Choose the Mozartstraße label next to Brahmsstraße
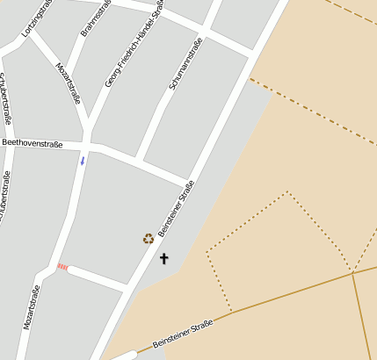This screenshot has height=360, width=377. [x=68, y=83]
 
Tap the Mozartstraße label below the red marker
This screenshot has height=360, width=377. [x=32, y=306]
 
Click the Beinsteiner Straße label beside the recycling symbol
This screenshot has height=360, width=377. [x=175, y=210]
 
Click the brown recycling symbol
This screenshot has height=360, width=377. [x=148, y=238]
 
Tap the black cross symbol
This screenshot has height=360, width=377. [x=163, y=258]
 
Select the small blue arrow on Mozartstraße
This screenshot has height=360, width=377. [x=83, y=161]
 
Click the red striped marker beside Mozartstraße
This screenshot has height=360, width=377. [x=62, y=266]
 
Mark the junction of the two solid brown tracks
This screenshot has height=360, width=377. [x=352, y=272]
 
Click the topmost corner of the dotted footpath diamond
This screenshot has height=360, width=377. [x=287, y=191]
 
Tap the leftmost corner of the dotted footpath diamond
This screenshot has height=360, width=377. [x=207, y=253]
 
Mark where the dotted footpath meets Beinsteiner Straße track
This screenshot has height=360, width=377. [x=232, y=312]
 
